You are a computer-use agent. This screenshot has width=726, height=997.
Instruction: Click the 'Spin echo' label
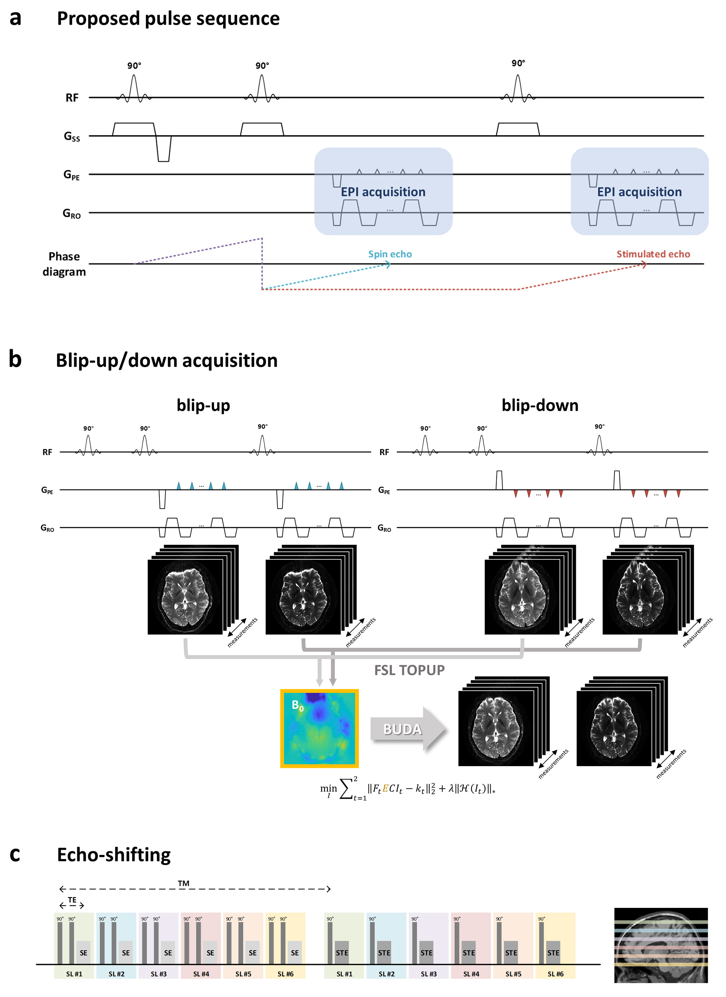(x=390, y=254)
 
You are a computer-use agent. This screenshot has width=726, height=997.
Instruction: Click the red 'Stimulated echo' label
(x=653, y=254)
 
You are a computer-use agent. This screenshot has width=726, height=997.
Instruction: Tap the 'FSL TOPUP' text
(x=409, y=670)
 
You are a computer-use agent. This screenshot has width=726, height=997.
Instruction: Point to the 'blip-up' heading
(x=203, y=405)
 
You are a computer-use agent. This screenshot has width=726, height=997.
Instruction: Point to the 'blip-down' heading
(x=540, y=405)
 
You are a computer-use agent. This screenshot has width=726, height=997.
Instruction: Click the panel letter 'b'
(x=15, y=359)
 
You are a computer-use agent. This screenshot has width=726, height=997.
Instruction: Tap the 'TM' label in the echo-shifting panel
(x=184, y=883)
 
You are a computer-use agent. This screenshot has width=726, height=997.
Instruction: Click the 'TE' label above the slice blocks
(x=72, y=900)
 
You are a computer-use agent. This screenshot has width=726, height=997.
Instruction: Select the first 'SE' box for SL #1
(x=83, y=952)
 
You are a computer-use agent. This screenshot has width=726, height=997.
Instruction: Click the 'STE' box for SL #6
(x=553, y=952)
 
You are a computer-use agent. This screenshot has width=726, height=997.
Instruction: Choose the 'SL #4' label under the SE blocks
(x=201, y=974)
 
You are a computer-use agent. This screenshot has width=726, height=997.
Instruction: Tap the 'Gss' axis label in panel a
(x=72, y=137)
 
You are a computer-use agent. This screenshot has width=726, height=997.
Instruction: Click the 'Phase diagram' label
(x=64, y=264)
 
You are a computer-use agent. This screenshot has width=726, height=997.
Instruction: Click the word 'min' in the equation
(x=328, y=788)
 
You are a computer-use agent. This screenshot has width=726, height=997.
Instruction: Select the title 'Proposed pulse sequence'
(x=168, y=19)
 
